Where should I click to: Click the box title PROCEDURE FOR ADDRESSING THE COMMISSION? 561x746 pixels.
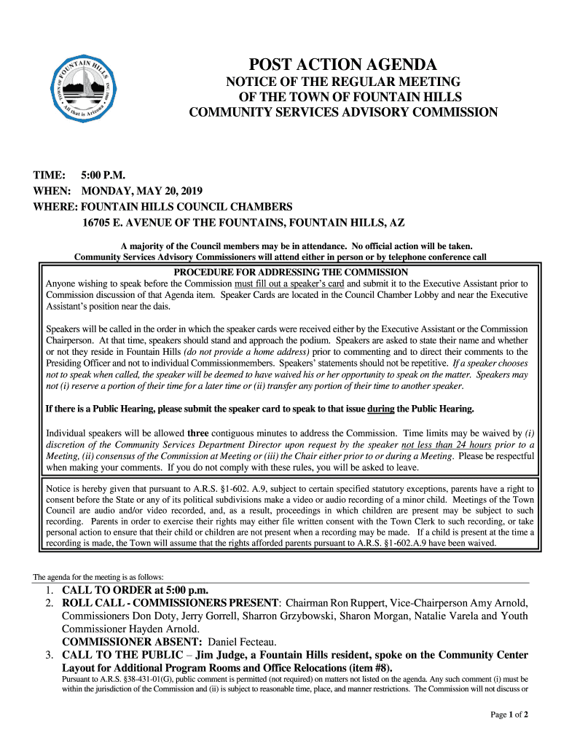[x=290, y=272]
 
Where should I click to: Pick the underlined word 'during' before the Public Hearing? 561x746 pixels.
[x=381, y=408]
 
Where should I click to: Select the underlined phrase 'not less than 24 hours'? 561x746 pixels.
[x=447, y=444]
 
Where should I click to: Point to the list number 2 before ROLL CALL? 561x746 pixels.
[x=49, y=603]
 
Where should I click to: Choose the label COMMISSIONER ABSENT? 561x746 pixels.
[x=132, y=642]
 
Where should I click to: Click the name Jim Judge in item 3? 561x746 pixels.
[x=227, y=655]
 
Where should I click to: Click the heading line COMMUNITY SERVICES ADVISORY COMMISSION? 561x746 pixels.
[x=343, y=112]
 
